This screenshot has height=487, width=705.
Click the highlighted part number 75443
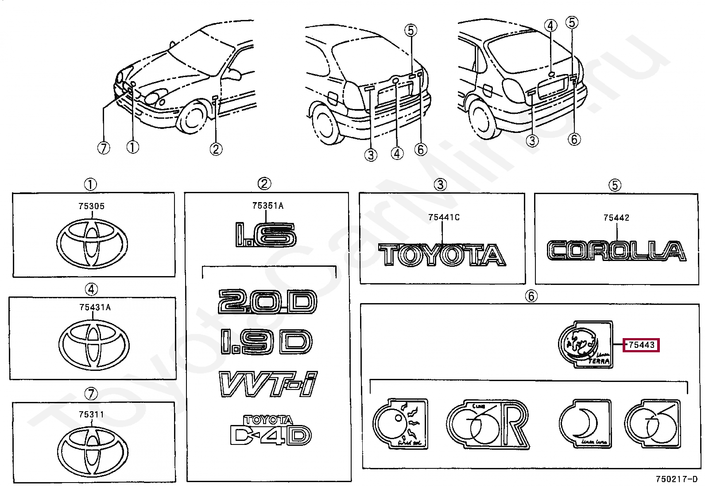(641, 345)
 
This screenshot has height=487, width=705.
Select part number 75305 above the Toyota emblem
(92, 206)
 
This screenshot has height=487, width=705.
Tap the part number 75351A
(267, 206)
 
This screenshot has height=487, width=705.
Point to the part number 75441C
(443, 217)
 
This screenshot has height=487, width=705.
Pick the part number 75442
(616, 218)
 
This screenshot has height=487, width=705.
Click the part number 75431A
(95, 307)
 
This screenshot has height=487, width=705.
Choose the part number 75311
(91, 415)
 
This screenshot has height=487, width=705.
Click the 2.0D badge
(267, 302)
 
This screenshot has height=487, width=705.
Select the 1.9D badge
(266, 342)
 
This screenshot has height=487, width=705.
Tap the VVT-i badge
(268, 384)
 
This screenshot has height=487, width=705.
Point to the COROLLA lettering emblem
(616, 251)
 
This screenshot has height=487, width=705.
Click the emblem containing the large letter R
(487, 425)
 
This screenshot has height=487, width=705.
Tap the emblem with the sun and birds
(400, 424)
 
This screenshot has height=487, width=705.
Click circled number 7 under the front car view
(103, 148)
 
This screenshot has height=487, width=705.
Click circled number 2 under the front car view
(216, 149)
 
